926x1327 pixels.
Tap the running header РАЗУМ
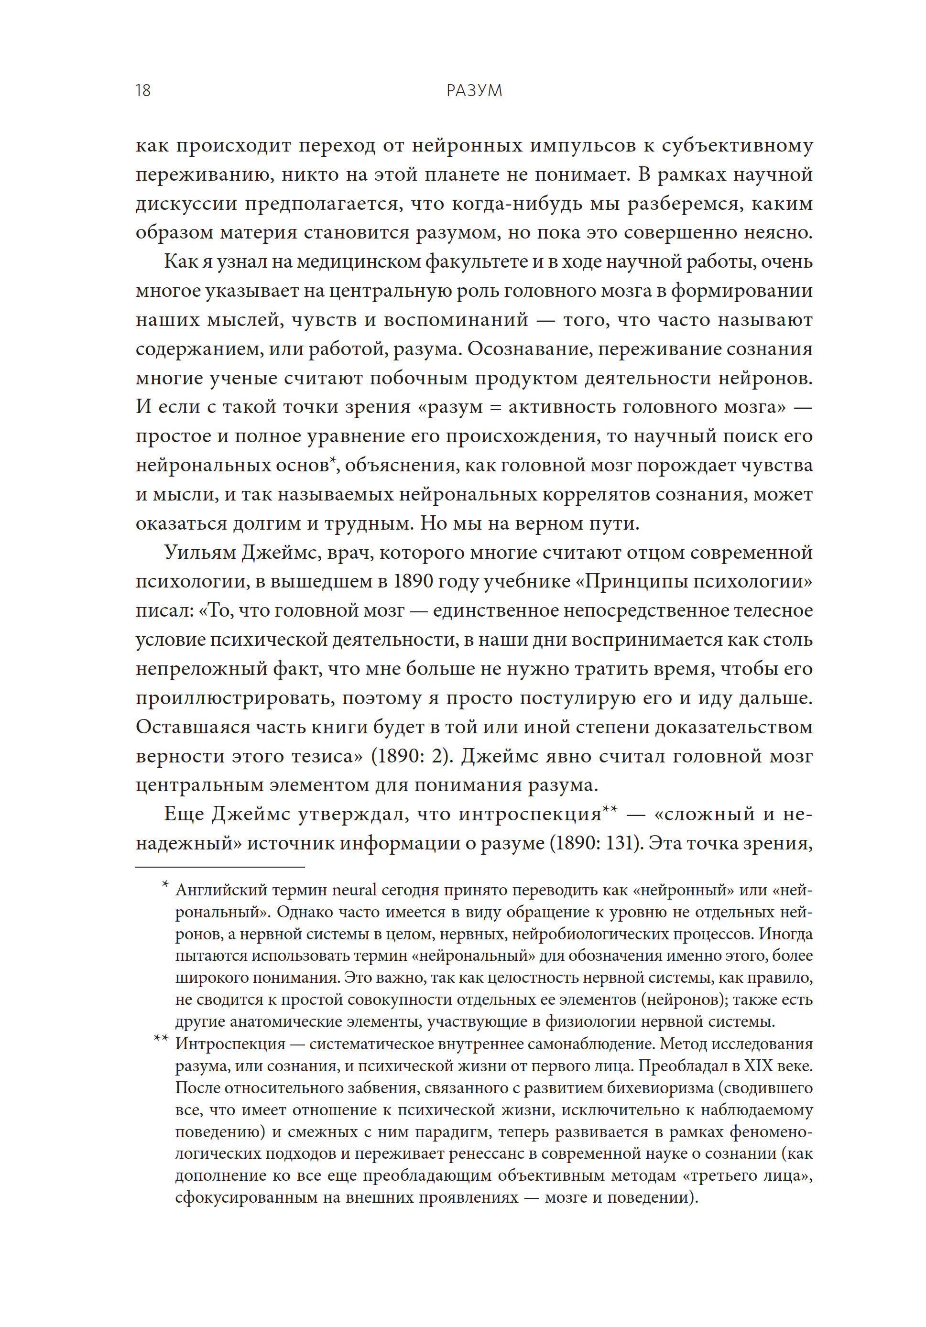(473, 90)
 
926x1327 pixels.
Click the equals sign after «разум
(494, 407)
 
